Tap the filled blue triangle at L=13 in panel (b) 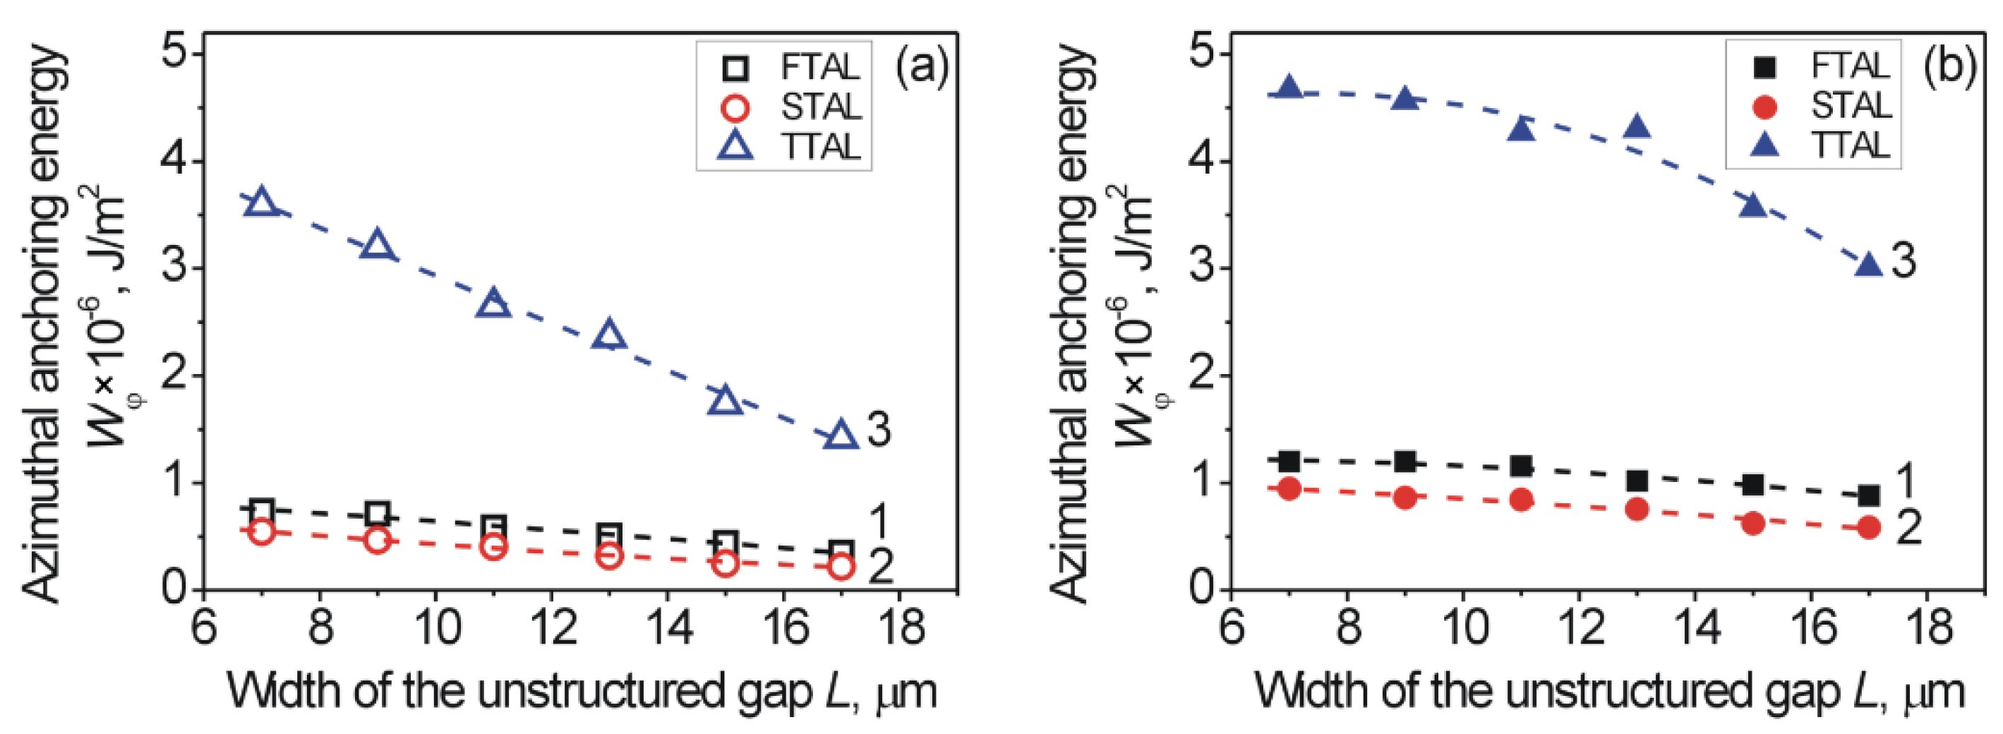coord(1637,127)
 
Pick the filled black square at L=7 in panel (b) coord(1289,461)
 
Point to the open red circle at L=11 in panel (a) coord(493,546)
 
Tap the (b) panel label coord(1949,67)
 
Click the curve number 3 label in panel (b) coord(1903,261)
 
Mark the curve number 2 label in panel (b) coord(1908,529)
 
